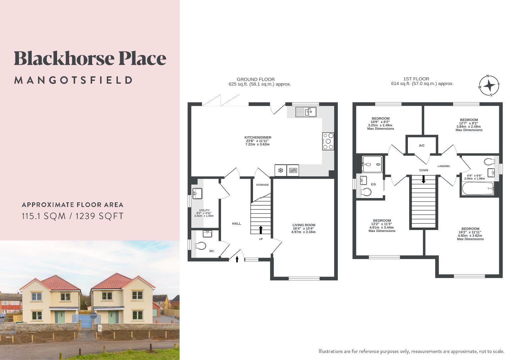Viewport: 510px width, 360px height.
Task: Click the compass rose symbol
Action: coord(489,86)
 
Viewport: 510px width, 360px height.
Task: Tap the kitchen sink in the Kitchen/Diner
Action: coord(306,112)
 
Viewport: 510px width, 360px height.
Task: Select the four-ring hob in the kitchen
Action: coord(328,141)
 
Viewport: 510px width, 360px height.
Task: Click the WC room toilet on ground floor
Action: coord(200,246)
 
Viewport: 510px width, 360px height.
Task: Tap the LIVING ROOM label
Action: coord(304,225)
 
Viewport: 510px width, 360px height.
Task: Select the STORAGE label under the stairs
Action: coord(262,185)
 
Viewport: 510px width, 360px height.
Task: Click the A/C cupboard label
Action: coord(422,146)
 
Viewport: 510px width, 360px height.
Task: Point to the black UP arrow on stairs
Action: coord(260,230)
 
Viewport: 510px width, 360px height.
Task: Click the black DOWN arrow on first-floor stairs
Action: coord(424,179)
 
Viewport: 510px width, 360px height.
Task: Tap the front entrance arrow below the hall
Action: coord(237,259)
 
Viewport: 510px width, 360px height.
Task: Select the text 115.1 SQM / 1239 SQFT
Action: coord(72,216)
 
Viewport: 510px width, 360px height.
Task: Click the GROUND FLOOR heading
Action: coord(256,79)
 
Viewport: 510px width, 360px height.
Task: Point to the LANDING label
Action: coord(444,166)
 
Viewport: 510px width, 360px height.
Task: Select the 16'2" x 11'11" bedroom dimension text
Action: coord(470,232)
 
